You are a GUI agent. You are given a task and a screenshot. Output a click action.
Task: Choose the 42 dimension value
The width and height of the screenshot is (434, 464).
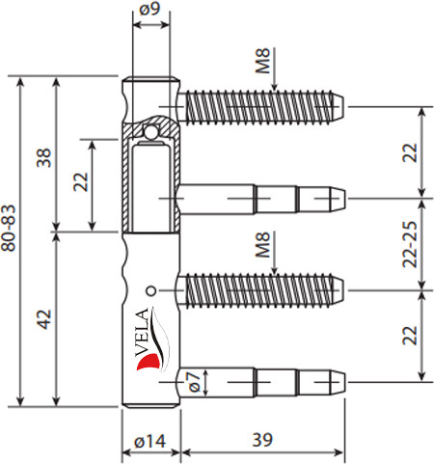tap(43, 319)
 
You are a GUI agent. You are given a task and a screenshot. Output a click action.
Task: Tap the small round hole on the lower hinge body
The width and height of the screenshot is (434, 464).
tap(149, 290)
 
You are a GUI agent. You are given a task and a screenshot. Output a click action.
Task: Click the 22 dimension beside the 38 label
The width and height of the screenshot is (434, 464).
tap(81, 183)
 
